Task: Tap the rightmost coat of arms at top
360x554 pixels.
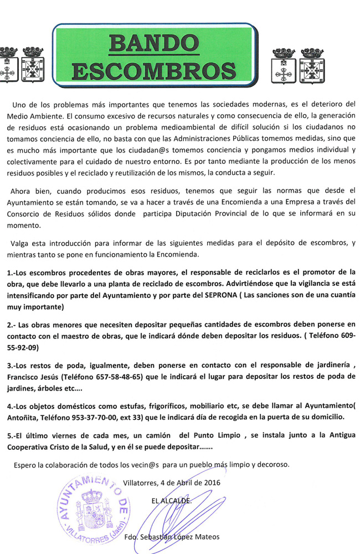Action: (313, 64)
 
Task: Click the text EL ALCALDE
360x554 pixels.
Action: (172, 500)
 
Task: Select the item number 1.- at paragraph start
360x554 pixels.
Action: (11, 273)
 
